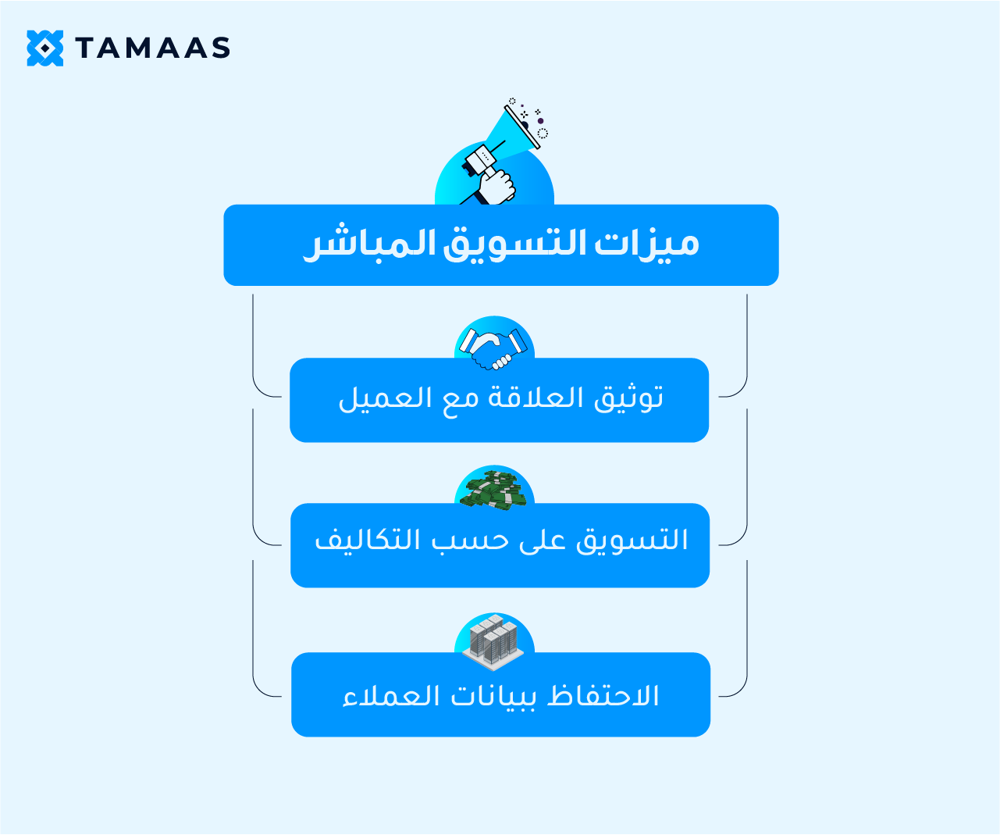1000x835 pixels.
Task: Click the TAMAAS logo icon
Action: click(x=44, y=48)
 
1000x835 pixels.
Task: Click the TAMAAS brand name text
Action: click(x=153, y=48)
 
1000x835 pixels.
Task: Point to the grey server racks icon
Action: click(x=493, y=641)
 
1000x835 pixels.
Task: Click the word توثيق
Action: click(x=628, y=398)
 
